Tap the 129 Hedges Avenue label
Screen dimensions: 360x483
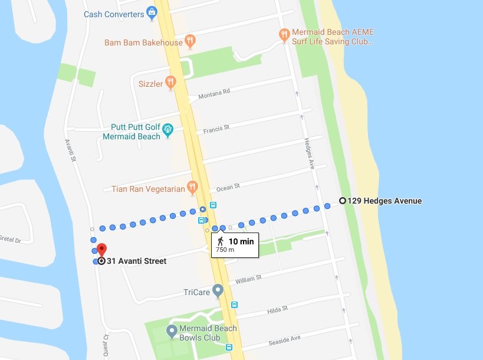click(385, 201)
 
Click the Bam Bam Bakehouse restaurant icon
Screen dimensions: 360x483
click(189, 41)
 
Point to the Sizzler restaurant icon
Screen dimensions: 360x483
click(170, 83)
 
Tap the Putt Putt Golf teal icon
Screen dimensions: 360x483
click(167, 129)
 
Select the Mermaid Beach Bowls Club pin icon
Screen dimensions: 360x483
click(172, 331)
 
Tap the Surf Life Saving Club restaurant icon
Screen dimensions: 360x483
click(284, 35)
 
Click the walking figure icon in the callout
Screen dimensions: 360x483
click(220, 241)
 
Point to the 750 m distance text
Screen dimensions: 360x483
click(225, 250)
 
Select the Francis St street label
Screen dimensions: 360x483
click(216, 128)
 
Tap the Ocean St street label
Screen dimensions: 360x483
click(228, 187)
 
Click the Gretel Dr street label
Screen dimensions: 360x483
click(9, 240)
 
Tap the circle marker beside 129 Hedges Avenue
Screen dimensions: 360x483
click(342, 201)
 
